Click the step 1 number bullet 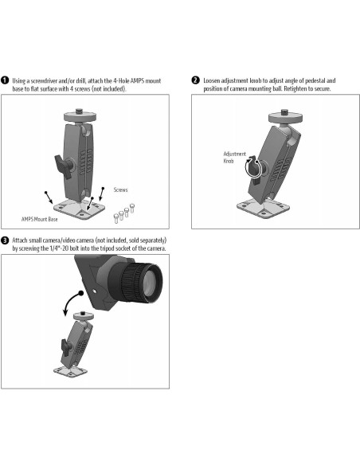pyautogui.click(x=6, y=80)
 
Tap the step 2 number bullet pyautogui.click(x=196, y=80)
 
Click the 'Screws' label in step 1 pyautogui.click(x=120, y=190)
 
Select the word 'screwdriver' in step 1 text pyautogui.click(x=48, y=80)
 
